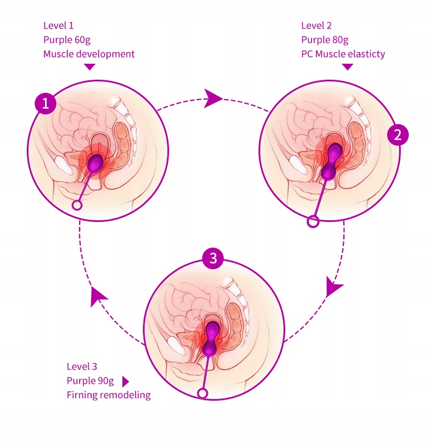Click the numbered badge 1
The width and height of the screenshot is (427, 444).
point(46,104)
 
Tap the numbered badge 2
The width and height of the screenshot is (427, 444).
point(397,134)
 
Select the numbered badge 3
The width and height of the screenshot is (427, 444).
point(213,258)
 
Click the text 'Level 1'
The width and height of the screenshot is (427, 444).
point(59,26)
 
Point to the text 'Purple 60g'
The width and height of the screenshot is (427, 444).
point(67,40)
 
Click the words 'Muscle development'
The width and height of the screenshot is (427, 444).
point(89,54)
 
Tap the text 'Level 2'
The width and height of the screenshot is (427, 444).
point(316,26)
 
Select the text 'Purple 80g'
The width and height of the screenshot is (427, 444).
point(325,40)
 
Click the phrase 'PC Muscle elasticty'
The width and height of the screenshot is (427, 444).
point(343,54)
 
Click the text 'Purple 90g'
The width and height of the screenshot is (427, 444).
point(91,380)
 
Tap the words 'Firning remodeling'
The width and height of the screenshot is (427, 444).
point(109,394)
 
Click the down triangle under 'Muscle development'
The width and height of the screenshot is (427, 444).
point(89,67)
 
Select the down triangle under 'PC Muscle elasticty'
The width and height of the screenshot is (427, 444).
point(347,67)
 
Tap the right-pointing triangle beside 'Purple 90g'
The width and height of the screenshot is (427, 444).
point(126,381)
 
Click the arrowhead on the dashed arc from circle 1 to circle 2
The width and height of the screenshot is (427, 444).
point(213,98)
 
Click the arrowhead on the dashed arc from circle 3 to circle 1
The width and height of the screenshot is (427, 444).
point(98,296)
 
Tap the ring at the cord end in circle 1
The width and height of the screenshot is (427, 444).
point(77,205)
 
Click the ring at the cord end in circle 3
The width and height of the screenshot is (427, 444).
point(202,393)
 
